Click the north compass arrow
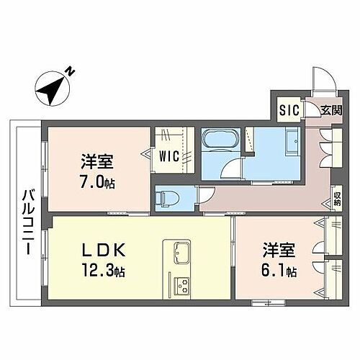point(53,87)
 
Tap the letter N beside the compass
point(71,71)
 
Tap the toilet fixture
point(166,196)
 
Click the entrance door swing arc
point(320,83)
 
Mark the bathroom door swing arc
point(233,170)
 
